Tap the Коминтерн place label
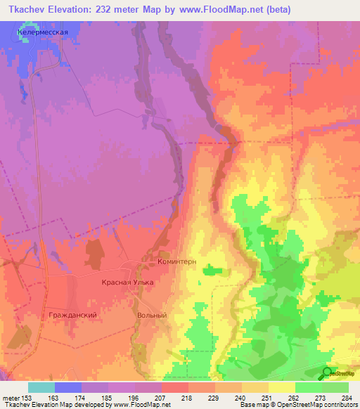coord(176,261)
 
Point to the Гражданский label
coord(72,315)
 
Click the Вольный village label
coord(152,316)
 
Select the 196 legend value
coord(134,398)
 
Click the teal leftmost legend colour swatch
coord(41,387)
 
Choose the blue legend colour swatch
coord(68,387)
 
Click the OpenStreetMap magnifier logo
coord(328,373)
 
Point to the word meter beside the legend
coord(9,398)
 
